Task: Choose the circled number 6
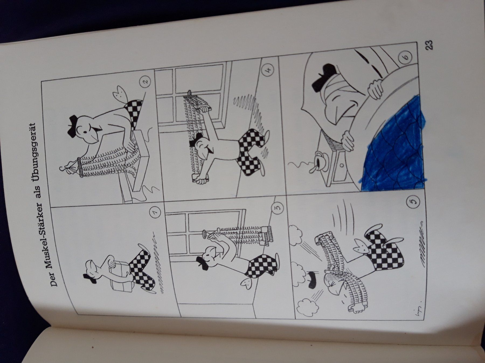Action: (x=407, y=57)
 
